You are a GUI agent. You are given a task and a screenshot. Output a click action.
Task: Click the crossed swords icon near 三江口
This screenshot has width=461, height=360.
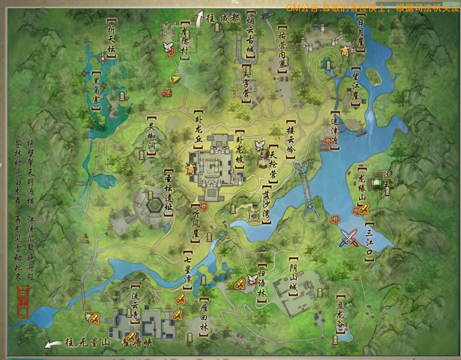(x=349, y=238)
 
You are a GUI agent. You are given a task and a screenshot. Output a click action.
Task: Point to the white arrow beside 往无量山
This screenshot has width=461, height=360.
(x=52, y=344)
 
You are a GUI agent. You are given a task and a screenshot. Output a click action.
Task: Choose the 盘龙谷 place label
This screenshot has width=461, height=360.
(x=340, y=314)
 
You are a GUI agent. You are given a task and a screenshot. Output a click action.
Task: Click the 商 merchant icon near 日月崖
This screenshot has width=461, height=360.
(x=345, y=51)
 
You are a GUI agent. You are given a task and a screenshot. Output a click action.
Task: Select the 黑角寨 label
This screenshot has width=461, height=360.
(x=97, y=91)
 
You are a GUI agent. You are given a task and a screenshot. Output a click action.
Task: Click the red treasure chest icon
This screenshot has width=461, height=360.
(x=166, y=93)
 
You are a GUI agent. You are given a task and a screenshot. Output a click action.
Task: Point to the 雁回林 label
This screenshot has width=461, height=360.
(x=203, y=318)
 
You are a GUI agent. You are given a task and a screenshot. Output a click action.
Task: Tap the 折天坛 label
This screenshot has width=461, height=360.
(x=111, y=39)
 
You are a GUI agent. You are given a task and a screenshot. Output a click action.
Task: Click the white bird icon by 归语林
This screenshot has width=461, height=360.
(x=252, y=280)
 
